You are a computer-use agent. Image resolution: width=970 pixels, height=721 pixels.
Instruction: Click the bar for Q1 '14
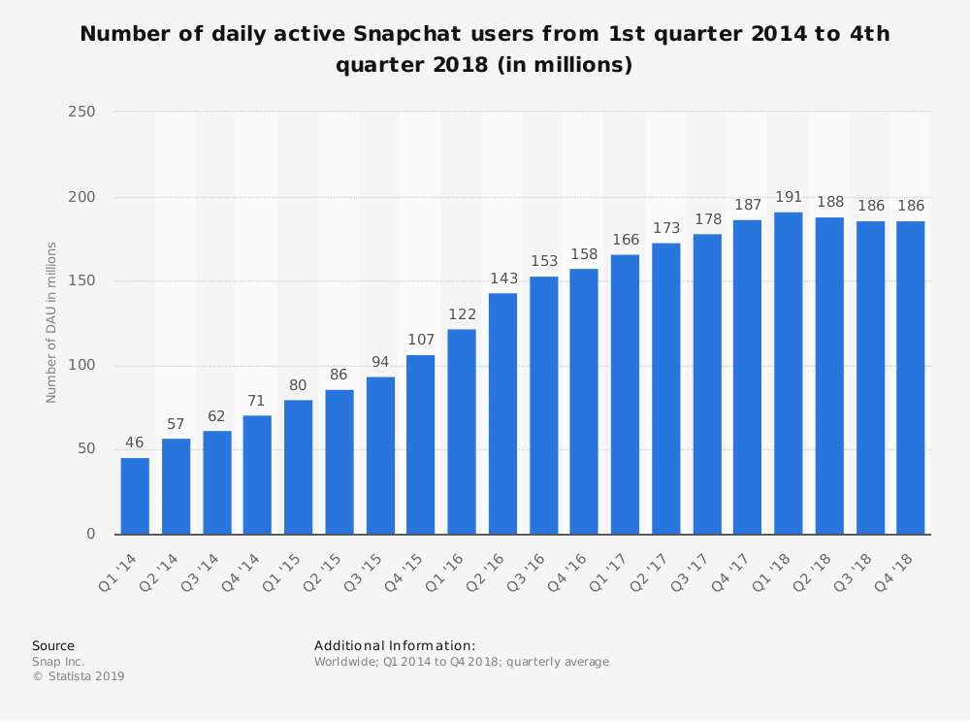[135, 496]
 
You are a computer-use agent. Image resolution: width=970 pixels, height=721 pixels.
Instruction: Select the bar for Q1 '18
[788, 374]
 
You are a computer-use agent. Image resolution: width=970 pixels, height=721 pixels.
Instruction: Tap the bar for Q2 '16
[502, 413]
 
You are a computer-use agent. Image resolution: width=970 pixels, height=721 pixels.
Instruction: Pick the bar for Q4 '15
[421, 444]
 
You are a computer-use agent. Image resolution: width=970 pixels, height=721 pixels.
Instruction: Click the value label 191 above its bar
[788, 198]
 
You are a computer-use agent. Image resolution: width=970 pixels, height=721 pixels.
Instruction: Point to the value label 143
[502, 279]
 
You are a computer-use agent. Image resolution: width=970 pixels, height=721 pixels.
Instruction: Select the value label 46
[135, 443]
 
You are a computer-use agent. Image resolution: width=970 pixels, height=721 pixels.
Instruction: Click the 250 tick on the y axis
[82, 113]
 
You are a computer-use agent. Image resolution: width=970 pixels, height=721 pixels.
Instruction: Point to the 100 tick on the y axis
[82, 366]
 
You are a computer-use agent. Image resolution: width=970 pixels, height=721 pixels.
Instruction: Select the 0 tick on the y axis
[90, 535]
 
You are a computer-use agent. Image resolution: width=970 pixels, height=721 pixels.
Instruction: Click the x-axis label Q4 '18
[901, 565]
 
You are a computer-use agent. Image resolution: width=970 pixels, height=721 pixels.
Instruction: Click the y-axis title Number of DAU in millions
[52, 323]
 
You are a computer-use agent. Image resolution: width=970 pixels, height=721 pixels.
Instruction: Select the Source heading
[53, 646]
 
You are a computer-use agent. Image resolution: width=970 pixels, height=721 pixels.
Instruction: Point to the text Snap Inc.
[58, 662]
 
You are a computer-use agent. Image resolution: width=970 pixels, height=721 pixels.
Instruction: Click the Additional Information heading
[395, 646]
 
